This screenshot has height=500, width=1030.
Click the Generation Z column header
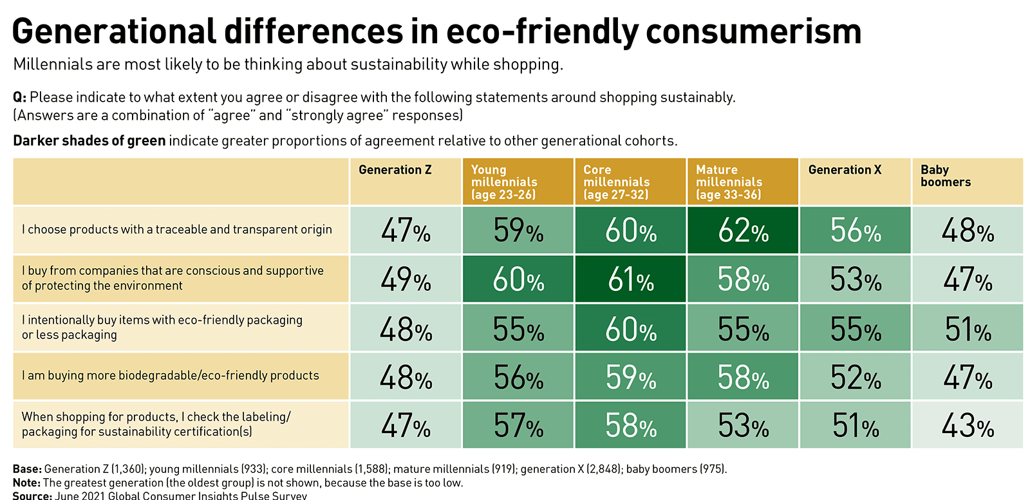click(395, 170)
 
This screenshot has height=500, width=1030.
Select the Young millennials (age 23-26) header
click(503, 181)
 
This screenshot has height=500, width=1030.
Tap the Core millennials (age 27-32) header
click(616, 181)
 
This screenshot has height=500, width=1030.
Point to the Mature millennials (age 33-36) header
click(729, 181)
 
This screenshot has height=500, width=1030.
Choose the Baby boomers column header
click(945, 176)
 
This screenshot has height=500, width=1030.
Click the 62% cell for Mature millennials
click(742, 230)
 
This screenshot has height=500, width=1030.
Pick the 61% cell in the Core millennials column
click(630, 279)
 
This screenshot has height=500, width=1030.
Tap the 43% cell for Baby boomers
click(967, 425)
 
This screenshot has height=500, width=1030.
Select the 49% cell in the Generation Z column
click(406, 279)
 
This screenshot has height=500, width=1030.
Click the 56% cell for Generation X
click(855, 230)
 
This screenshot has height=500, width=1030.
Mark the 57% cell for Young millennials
click(518, 425)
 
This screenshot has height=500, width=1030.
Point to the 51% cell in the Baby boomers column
click(967, 329)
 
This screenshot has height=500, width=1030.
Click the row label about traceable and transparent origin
click(177, 230)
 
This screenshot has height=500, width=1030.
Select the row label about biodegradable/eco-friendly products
click(171, 376)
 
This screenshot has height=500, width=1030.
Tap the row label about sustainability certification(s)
click(156, 424)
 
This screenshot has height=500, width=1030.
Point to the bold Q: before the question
click(19, 97)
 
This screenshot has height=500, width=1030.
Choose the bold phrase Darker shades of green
click(89, 141)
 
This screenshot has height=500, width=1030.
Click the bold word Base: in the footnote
click(27, 469)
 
